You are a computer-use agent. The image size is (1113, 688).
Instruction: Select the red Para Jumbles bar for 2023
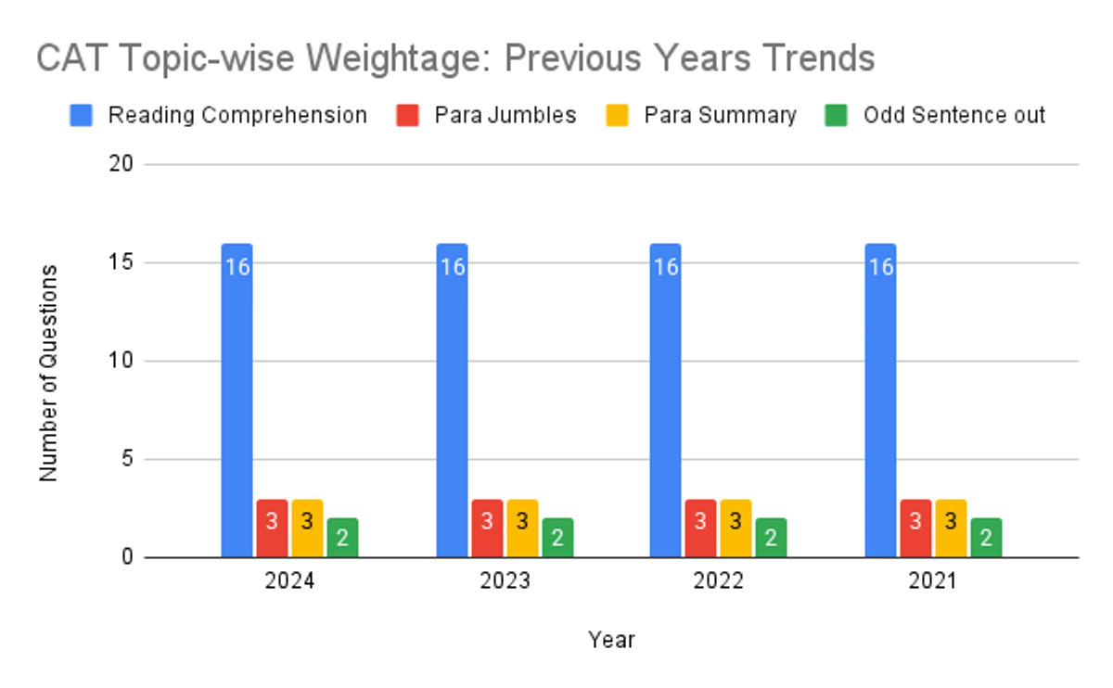coord(487,529)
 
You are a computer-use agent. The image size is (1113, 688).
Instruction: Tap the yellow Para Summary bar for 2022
coord(736,529)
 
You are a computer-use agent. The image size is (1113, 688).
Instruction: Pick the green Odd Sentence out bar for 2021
coord(986,538)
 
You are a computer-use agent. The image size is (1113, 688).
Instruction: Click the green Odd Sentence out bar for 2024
coord(342,538)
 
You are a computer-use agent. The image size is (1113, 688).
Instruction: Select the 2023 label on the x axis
coord(504,582)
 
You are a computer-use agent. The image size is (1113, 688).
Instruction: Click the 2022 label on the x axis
coord(718,582)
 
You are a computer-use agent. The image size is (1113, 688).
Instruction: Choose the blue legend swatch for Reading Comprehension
coord(82,116)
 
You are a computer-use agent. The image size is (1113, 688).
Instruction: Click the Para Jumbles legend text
coord(505,116)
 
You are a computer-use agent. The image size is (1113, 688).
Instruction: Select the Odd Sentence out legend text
coord(953,116)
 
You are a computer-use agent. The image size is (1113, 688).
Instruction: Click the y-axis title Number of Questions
coord(49,373)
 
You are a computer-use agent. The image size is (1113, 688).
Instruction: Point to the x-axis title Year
coord(611,640)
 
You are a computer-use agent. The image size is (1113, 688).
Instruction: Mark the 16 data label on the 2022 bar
coord(666,267)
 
